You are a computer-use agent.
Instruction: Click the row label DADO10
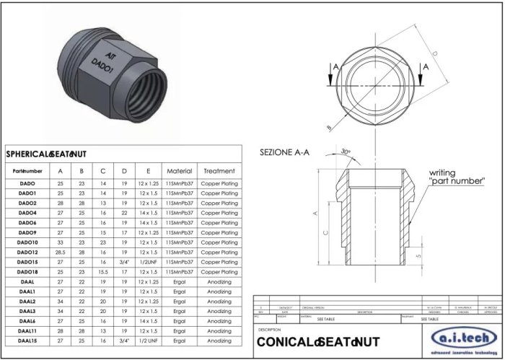pos(27,242)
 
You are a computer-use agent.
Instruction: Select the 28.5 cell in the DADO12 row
pos(61,253)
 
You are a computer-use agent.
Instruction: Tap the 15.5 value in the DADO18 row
pos(103,272)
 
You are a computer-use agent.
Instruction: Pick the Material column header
pos(179,171)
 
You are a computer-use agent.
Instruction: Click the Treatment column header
pos(219,171)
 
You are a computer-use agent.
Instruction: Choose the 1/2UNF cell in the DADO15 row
pos(148,262)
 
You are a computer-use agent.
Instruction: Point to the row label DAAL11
pos(27,330)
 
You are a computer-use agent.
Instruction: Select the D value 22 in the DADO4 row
pos(124,213)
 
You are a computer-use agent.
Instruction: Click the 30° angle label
pos(346,152)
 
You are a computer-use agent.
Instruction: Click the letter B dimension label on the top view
pos(330,127)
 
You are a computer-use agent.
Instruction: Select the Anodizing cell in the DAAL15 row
pos(219,340)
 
